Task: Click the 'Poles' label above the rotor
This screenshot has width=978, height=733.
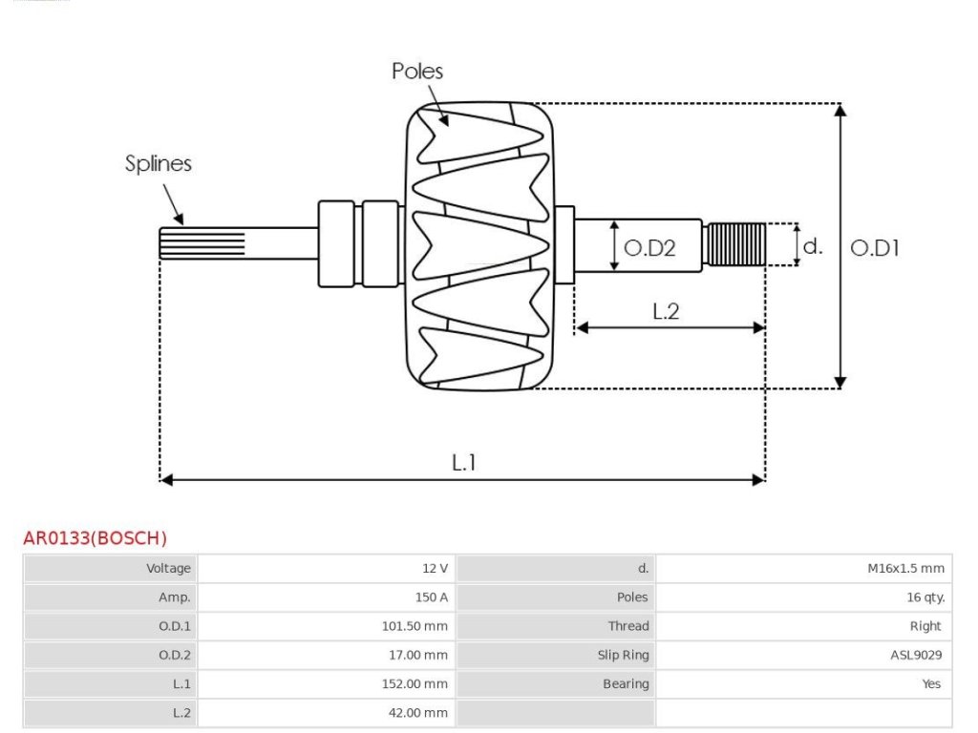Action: tap(417, 71)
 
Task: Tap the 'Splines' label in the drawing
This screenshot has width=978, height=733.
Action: tap(159, 163)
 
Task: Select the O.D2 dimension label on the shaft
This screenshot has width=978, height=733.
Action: tap(649, 248)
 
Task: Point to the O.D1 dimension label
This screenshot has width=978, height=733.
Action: tap(875, 248)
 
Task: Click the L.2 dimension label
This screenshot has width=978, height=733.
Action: tap(666, 311)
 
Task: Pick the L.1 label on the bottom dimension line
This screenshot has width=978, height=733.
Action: tap(463, 463)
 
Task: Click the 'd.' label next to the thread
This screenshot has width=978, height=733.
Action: tap(813, 246)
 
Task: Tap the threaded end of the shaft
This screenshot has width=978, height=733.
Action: tap(734, 244)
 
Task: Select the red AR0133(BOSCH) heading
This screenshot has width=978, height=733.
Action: tap(95, 538)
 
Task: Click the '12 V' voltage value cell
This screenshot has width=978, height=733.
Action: tap(435, 569)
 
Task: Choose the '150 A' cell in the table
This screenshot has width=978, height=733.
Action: tap(432, 597)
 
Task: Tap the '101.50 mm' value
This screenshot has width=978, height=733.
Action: tap(415, 626)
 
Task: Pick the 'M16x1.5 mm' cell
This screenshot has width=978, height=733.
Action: tap(905, 569)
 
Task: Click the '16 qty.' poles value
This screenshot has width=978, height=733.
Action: tap(925, 597)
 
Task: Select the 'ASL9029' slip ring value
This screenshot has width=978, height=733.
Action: tap(916, 655)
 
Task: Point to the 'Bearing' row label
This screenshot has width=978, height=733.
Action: tap(626, 684)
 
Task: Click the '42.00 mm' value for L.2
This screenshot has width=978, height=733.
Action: tap(418, 712)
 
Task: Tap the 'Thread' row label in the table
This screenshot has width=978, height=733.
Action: tap(628, 626)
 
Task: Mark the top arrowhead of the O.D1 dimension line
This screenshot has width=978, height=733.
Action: tap(840, 111)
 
